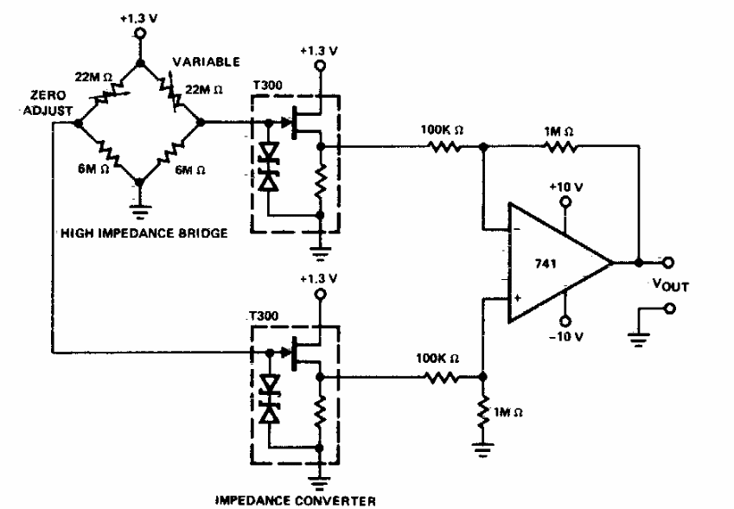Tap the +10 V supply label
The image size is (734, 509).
tap(567, 186)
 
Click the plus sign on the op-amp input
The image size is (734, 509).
tap(517, 299)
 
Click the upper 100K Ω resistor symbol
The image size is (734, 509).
tap(444, 147)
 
